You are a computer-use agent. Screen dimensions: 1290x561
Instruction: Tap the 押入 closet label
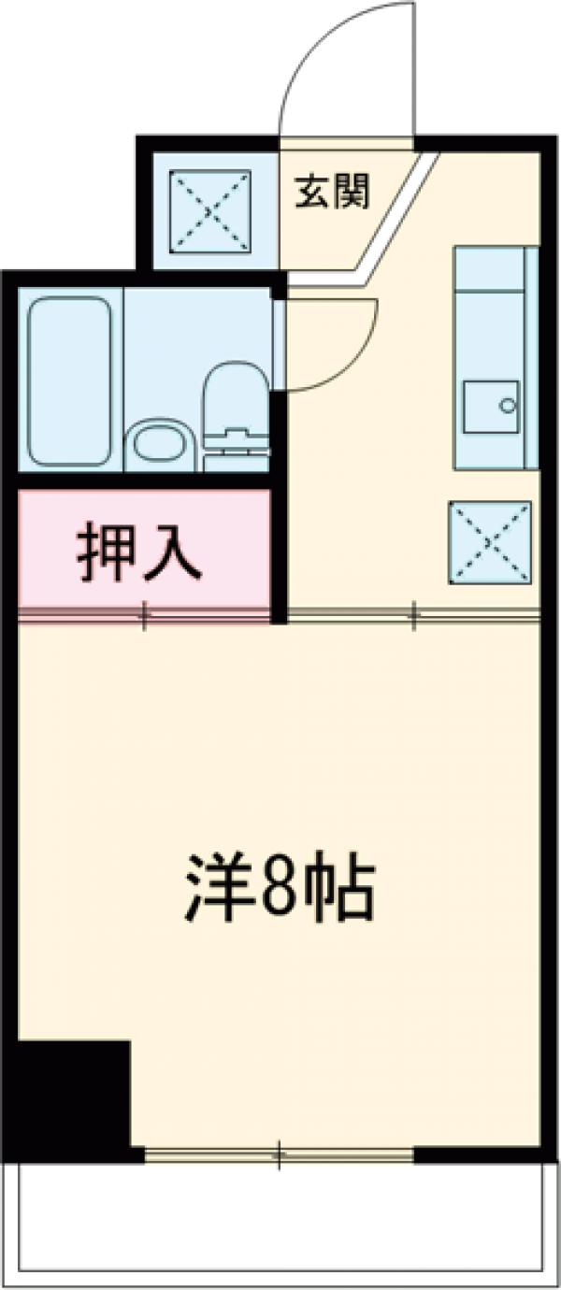click(138, 555)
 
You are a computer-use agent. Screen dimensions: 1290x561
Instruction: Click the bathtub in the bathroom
click(69, 380)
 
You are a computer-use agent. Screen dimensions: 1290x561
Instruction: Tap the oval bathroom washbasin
click(162, 444)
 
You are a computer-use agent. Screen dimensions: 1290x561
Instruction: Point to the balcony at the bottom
click(280, 1225)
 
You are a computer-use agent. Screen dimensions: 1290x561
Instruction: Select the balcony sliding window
click(279, 1155)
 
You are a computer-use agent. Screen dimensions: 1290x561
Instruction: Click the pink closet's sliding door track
click(144, 613)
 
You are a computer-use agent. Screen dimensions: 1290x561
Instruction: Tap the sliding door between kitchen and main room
click(413, 613)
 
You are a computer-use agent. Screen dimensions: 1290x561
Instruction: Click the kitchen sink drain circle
click(508, 406)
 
